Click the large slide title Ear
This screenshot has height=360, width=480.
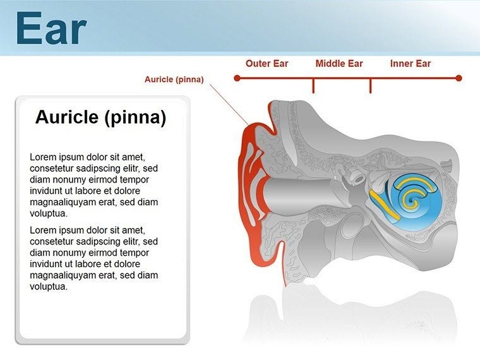51,28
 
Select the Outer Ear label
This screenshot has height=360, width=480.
267,63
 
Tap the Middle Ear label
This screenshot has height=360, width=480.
339,63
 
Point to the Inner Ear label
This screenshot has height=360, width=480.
411,63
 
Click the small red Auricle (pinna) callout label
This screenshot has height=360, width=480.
174,80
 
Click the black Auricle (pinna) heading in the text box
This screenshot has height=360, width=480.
100,117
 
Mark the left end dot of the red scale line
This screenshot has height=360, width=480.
237,78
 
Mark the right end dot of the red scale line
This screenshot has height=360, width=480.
459,78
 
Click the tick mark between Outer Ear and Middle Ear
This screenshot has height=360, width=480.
313,86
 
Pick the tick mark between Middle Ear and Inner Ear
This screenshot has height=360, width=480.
370,86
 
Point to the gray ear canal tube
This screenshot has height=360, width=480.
297,190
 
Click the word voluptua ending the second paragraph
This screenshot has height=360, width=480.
49,287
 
